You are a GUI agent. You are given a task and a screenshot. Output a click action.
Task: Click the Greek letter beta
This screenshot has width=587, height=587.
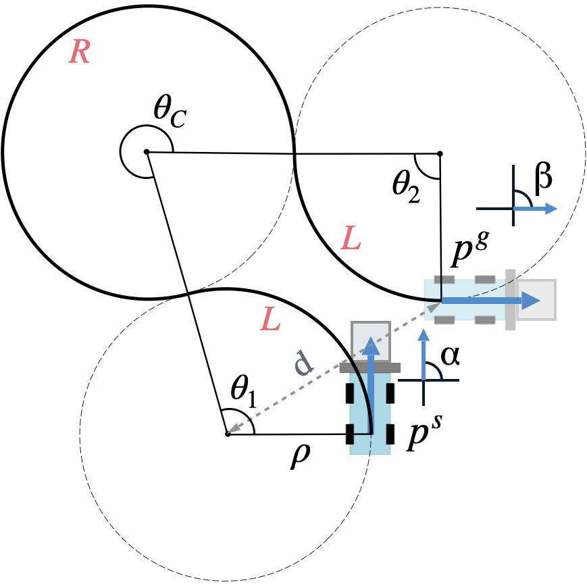[x=543, y=178]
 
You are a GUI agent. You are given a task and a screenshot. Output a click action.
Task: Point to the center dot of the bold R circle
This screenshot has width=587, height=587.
[x=147, y=152]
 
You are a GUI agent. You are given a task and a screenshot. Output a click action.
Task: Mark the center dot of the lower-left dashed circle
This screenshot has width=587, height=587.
[x=228, y=434]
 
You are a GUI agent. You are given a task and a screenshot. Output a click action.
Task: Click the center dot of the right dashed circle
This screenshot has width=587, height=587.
[x=440, y=153]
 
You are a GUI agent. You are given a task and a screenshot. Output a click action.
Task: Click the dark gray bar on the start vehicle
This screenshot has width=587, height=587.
[x=370, y=368]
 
